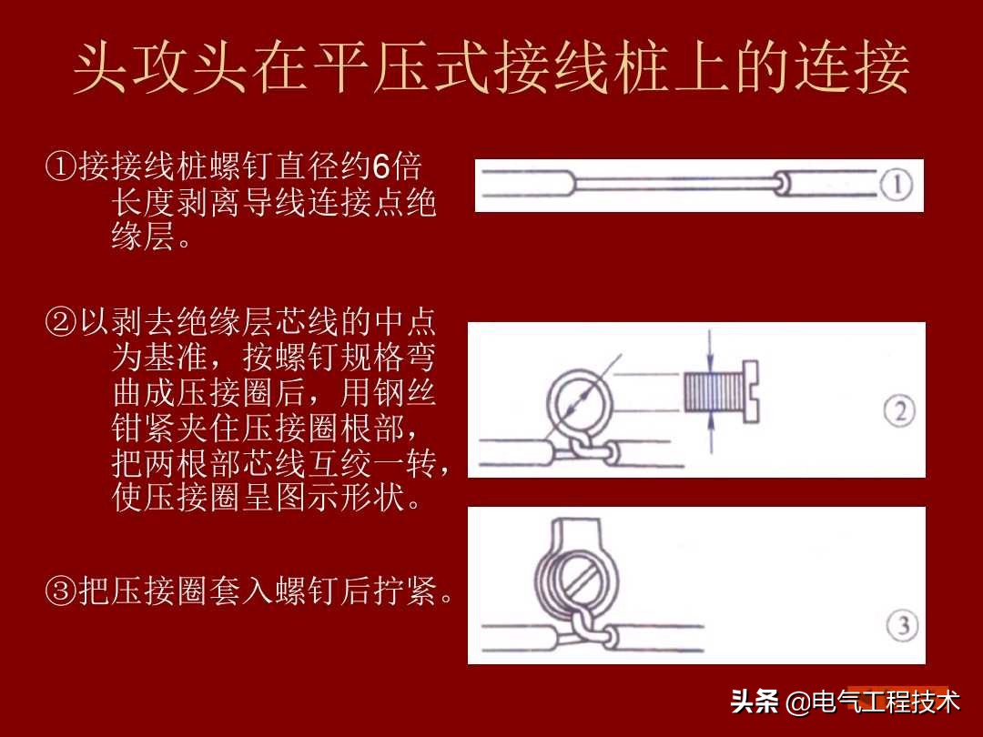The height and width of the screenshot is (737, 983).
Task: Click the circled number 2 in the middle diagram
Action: tap(898, 413)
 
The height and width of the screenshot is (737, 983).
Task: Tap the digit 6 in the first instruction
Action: tap(381, 167)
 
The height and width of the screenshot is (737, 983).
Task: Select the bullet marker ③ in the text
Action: tap(60, 594)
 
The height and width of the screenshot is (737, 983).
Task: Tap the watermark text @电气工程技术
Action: tap(874, 702)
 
